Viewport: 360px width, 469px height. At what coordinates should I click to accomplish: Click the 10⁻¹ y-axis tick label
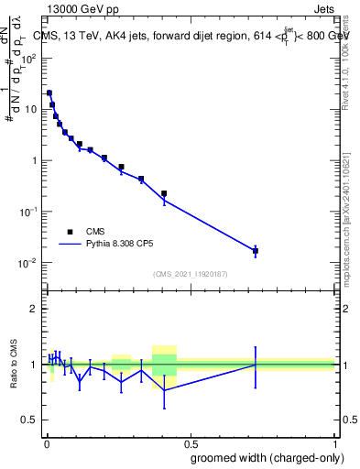tap(27, 212)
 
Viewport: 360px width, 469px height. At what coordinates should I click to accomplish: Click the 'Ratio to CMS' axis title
tap(13, 365)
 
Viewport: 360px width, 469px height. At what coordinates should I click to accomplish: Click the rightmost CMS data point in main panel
tap(256, 251)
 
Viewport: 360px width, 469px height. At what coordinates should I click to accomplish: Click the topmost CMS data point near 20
tap(49, 93)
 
